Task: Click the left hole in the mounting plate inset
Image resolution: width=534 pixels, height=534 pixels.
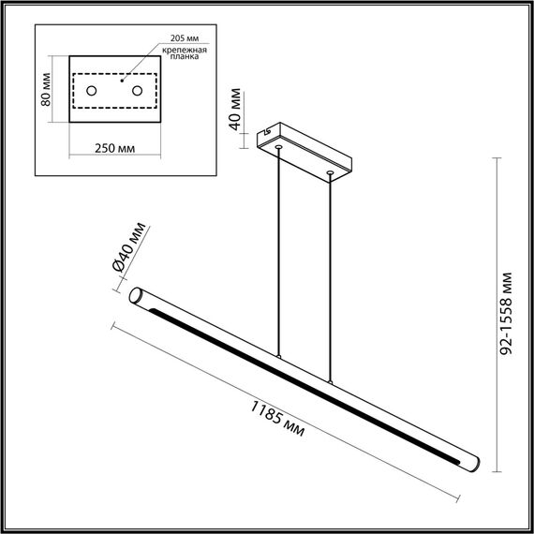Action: (x=93, y=91)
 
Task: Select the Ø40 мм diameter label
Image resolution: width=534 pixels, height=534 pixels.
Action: (x=129, y=248)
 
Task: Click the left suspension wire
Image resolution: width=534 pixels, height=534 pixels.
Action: (x=278, y=253)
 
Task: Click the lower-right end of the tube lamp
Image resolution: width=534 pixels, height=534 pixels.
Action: (x=474, y=465)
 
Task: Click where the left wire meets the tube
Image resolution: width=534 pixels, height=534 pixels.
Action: (x=278, y=357)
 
